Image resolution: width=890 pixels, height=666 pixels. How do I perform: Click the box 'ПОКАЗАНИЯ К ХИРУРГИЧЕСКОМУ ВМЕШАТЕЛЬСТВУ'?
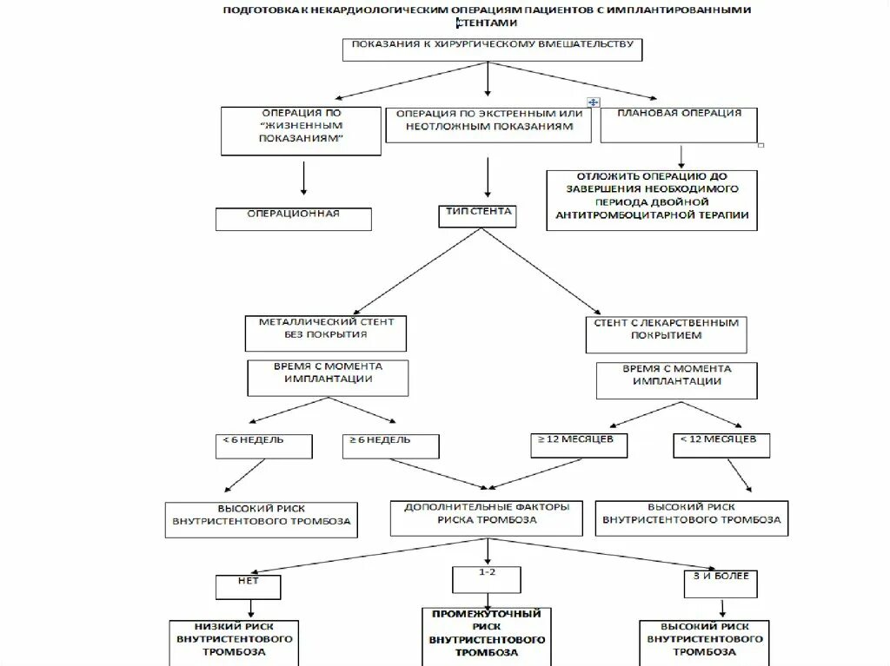[491, 49]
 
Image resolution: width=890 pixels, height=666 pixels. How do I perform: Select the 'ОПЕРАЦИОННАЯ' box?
[294, 218]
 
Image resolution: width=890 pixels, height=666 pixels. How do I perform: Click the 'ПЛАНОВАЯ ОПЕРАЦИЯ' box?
[679, 125]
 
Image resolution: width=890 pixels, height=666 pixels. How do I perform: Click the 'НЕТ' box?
[249, 587]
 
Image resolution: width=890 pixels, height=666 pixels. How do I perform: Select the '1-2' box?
[486, 580]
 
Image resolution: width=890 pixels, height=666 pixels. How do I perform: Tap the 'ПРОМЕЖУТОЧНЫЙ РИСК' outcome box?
[487, 636]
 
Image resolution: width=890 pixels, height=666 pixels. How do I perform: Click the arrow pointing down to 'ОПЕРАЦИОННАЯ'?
[302, 177]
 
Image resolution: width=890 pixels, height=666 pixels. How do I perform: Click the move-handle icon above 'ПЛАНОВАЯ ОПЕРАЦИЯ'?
[593, 102]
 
